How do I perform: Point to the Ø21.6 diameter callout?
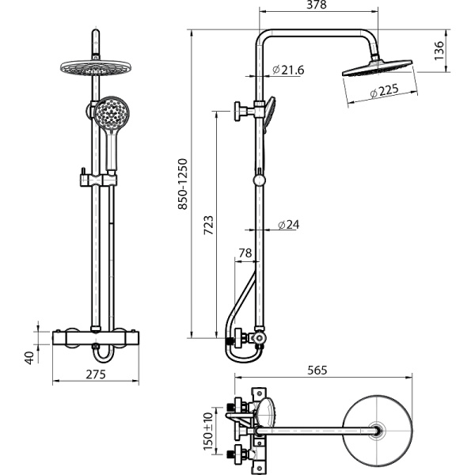pyautogui.click(x=288, y=70)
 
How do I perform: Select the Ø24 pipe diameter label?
pyautogui.click(x=288, y=225)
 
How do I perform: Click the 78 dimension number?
pyautogui.click(x=245, y=253)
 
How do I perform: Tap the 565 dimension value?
pyautogui.click(x=317, y=370)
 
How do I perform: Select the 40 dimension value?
pyautogui.click(x=29, y=356)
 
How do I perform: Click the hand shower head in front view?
pyautogui.click(x=110, y=114)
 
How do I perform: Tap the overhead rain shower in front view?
pyautogui.click(x=94, y=70)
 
